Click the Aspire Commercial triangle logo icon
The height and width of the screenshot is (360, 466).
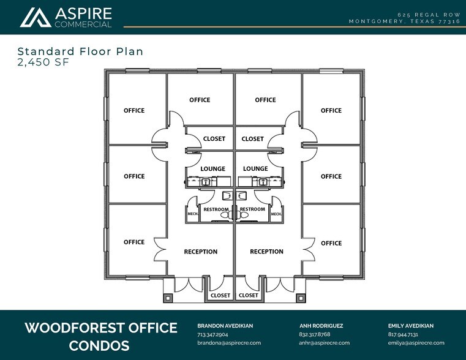pyautogui.click(x=36, y=18)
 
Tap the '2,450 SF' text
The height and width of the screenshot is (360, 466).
pyautogui.click(x=43, y=62)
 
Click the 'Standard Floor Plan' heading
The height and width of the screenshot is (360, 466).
pyautogui.click(x=81, y=51)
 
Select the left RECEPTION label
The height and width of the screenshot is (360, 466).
pyautogui.click(x=201, y=252)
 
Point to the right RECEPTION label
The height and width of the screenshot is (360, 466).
pyautogui.click(x=266, y=252)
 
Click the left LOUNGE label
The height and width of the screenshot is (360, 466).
pyautogui.click(x=212, y=169)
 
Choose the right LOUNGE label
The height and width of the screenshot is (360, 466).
pyautogui.click(x=255, y=169)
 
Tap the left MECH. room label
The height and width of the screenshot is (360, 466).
pyautogui.click(x=193, y=214)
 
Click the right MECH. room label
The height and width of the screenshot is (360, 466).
pyautogui.click(x=276, y=214)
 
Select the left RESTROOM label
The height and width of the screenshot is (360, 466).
pyautogui.click(x=216, y=209)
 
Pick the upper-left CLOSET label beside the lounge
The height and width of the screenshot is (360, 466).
pyautogui.click(x=214, y=139)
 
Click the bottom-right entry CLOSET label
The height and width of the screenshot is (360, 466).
pyautogui.click(x=249, y=295)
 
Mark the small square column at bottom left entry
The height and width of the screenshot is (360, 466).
pyautogui.click(x=168, y=298)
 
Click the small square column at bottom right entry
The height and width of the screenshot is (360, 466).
pyautogui.click(x=301, y=298)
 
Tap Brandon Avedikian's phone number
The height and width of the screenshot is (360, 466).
pyautogui.click(x=212, y=334)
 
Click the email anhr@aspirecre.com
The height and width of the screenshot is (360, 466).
pyautogui.click(x=324, y=343)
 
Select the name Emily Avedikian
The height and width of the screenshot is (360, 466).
pyautogui.click(x=411, y=326)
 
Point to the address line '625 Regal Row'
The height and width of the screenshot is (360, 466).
pyautogui.click(x=429, y=15)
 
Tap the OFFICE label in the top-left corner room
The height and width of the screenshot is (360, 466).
pyautogui.click(x=134, y=110)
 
